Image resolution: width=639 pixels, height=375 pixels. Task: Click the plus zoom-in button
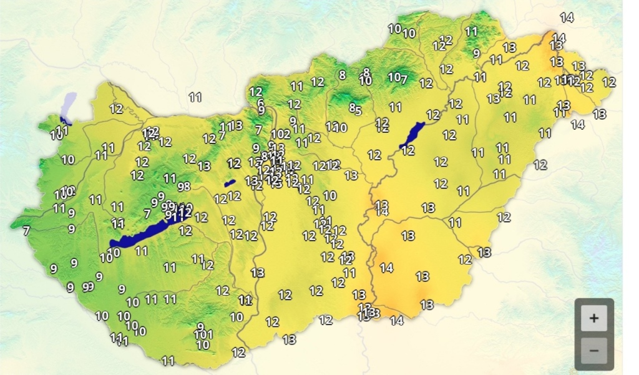tap(593, 318)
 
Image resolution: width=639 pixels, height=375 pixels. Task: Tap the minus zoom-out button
tap(593, 350)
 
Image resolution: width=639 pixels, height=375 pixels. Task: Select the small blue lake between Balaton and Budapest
tap(230, 183)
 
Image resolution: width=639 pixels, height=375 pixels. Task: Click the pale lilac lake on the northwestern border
tap(69, 104)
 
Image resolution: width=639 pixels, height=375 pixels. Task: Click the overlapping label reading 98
tap(183, 186)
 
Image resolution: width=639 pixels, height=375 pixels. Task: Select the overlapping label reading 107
tap(398, 78)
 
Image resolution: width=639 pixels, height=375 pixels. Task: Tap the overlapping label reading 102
tap(281, 134)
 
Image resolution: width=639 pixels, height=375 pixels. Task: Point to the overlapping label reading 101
tap(203, 334)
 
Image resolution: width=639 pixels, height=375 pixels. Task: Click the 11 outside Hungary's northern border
tap(195, 97)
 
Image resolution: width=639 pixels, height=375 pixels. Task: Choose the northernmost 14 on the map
tap(567, 17)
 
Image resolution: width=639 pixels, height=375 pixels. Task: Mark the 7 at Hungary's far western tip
tap(26, 231)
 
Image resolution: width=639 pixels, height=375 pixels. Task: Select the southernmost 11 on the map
tap(168, 361)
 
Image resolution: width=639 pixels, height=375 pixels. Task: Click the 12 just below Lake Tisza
tap(407, 150)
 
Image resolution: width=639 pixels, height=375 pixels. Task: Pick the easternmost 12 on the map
tap(609, 82)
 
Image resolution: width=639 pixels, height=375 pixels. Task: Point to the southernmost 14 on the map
tap(397, 321)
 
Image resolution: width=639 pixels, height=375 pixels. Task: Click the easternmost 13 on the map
tap(600, 114)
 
